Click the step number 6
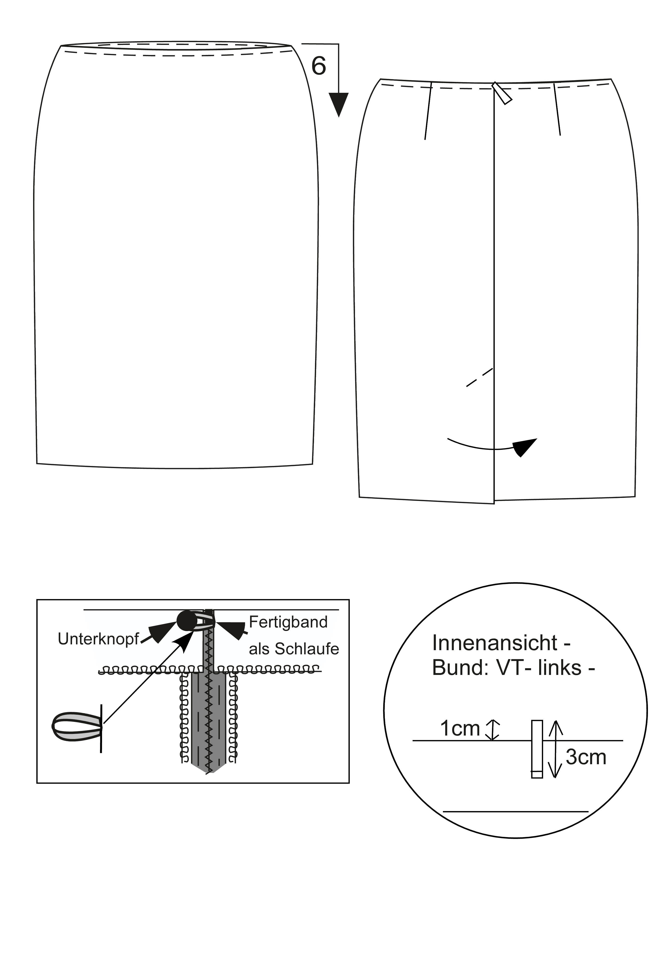319,66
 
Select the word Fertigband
288,622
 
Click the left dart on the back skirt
428,111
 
